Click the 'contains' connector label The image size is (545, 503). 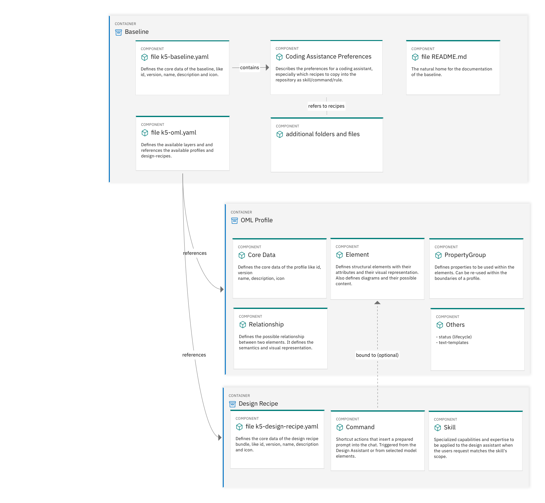249,68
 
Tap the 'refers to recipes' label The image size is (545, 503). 326,106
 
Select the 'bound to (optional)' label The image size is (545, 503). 377,355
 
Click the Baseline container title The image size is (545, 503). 137,32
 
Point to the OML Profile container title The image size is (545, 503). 257,220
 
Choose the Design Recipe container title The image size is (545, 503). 258,404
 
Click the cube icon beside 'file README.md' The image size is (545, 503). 415,57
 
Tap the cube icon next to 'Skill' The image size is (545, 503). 438,428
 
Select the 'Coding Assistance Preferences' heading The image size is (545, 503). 329,57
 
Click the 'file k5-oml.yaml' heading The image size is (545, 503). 174,133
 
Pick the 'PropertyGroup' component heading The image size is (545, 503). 465,255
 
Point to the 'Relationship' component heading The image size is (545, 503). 266,325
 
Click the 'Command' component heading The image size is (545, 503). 360,427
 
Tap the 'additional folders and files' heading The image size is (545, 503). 323,134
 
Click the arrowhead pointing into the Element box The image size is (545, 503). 377,303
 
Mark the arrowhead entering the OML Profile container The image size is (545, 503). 222,290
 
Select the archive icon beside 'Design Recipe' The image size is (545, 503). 232,404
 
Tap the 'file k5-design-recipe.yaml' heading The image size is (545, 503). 282,427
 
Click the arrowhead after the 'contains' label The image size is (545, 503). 267,68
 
